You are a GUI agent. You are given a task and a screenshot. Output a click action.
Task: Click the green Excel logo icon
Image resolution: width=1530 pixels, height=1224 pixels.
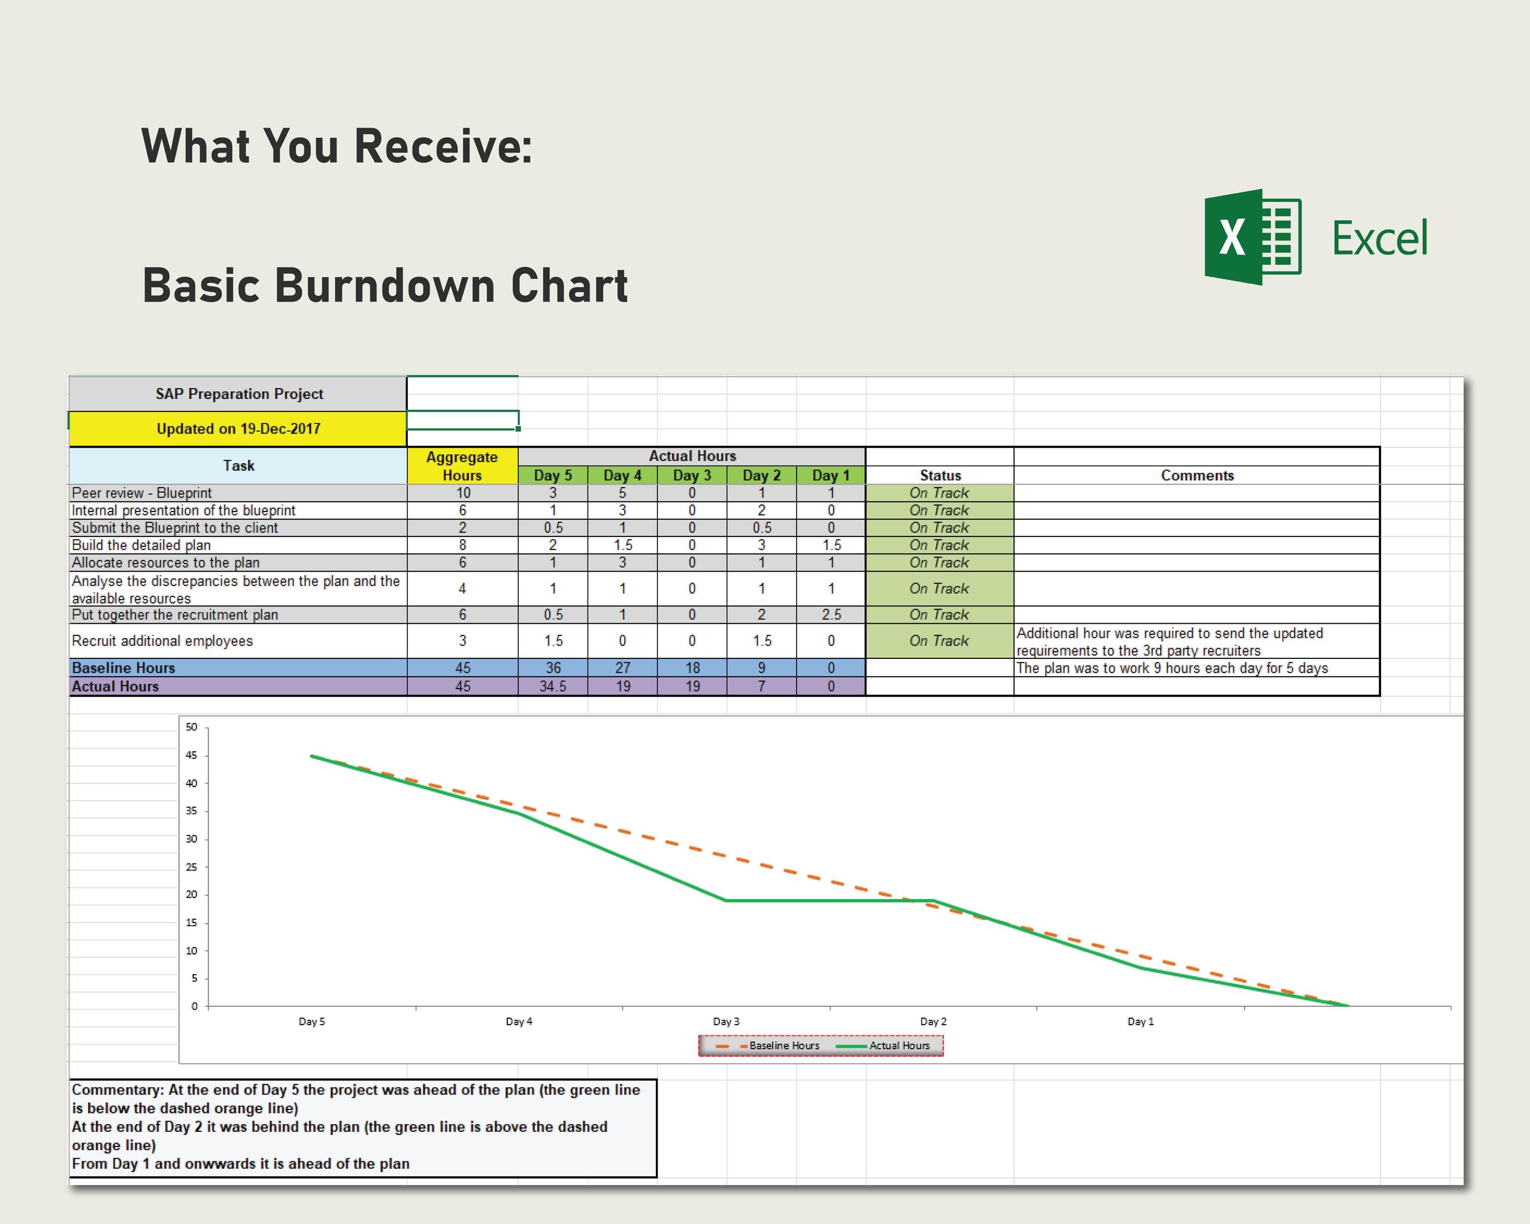click(1253, 237)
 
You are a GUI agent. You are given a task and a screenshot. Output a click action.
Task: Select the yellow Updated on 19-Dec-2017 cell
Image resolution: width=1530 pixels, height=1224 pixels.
click(239, 428)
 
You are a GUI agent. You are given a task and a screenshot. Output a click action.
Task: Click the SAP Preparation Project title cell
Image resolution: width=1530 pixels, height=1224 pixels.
click(239, 394)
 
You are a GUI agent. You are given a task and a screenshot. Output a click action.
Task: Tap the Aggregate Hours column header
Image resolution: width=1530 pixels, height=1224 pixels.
click(462, 466)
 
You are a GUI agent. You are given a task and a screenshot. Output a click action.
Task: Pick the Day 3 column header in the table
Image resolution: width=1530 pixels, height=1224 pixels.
click(692, 475)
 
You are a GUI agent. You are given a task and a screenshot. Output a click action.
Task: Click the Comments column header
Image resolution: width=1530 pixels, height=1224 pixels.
click(1196, 475)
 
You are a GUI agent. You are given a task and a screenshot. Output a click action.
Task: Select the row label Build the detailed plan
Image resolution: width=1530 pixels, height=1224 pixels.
click(141, 545)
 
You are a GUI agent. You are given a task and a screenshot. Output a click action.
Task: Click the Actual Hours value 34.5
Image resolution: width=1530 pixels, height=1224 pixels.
click(553, 686)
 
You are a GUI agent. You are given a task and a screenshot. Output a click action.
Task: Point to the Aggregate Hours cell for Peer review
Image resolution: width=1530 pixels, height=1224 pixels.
click(463, 493)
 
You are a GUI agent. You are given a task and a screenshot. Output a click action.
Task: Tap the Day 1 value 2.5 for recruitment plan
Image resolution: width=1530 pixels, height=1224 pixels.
click(831, 615)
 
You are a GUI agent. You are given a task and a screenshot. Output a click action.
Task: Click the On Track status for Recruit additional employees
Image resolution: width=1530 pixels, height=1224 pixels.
click(939, 641)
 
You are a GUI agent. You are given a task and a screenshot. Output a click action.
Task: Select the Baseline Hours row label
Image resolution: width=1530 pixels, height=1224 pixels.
click(123, 668)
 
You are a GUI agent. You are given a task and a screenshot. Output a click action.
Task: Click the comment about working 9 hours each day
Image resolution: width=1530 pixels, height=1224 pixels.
click(1171, 668)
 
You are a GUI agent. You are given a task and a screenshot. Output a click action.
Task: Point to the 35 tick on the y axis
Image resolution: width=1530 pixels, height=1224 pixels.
click(192, 811)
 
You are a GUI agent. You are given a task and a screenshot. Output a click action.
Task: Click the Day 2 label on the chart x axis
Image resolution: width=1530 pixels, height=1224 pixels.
click(933, 1022)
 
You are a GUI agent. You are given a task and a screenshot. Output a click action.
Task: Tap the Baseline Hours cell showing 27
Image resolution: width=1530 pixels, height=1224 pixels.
click(622, 668)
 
